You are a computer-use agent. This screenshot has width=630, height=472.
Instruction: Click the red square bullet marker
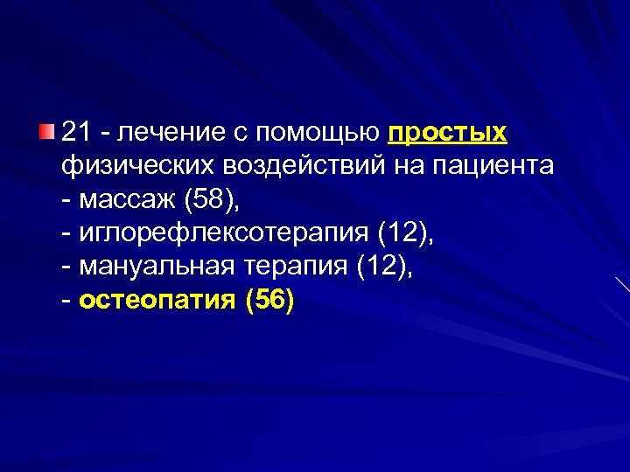45,132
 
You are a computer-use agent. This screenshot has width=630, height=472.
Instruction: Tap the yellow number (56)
270,302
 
